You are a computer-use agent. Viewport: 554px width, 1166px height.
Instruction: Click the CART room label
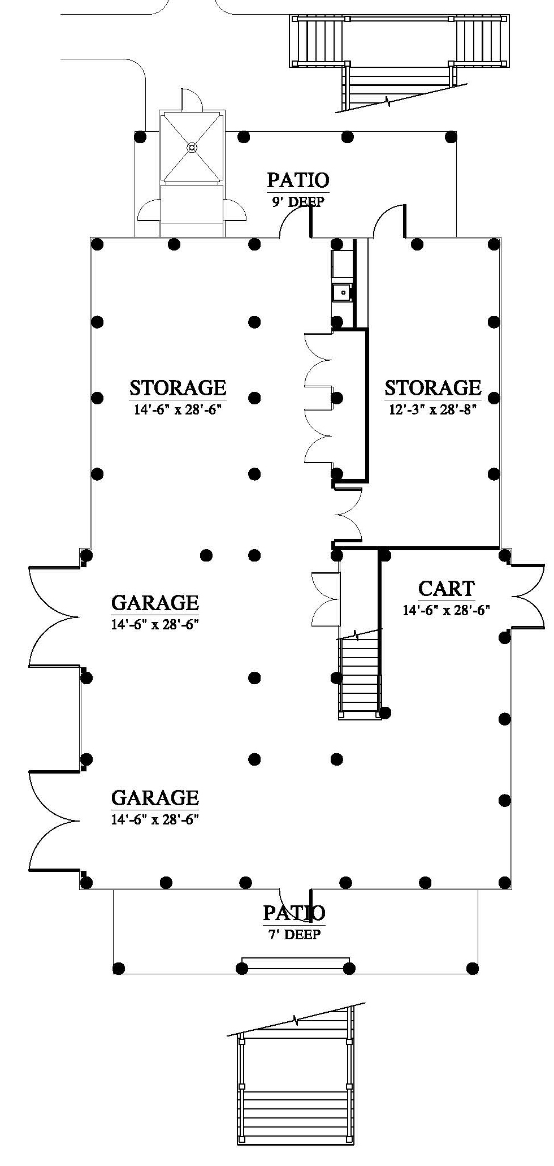(x=446, y=589)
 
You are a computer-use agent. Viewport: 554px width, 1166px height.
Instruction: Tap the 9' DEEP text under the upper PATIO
(x=298, y=202)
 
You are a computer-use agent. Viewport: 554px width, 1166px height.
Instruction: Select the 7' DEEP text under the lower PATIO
(x=294, y=935)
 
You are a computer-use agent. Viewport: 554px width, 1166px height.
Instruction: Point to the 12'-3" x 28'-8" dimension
(x=433, y=409)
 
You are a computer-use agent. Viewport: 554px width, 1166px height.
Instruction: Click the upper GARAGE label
(x=155, y=603)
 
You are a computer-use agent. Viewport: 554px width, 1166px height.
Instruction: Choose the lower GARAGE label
(x=155, y=797)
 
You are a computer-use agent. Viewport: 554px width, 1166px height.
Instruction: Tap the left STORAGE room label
(x=178, y=388)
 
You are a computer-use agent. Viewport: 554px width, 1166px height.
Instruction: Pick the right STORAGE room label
(x=433, y=388)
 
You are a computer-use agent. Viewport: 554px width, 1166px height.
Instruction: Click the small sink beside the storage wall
(x=341, y=292)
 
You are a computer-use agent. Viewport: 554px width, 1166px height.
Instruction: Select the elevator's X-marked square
(x=192, y=147)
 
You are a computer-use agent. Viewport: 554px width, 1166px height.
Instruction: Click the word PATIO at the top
(x=298, y=180)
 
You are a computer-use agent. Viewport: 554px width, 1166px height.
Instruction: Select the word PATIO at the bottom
(x=294, y=913)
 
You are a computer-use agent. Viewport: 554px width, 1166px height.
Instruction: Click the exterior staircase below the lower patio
(x=294, y=1091)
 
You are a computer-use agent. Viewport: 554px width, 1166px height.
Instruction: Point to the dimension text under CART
(x=446, y=610)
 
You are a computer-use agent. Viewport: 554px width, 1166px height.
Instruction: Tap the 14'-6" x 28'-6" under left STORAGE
(x=178, y=409)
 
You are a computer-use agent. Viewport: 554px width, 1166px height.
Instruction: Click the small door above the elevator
(x=191, y=100)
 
